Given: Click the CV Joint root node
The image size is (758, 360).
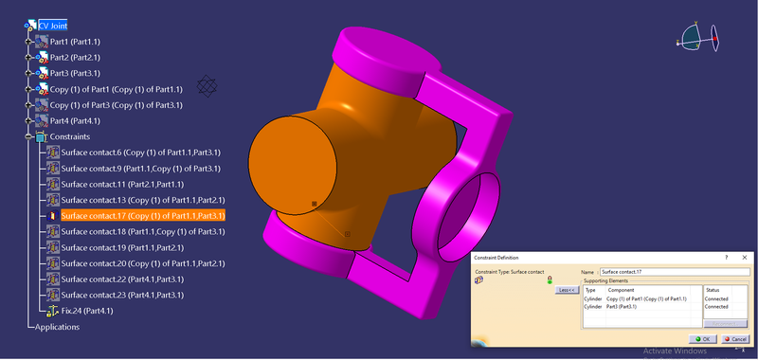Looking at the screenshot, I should click(x=52, y=27).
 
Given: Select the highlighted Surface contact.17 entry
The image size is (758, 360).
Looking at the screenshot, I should click(x=142, y=216).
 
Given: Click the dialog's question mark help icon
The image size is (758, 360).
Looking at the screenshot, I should click(x=727, y=257).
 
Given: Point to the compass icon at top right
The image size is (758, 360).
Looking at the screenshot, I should click(x=699, y=38).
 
